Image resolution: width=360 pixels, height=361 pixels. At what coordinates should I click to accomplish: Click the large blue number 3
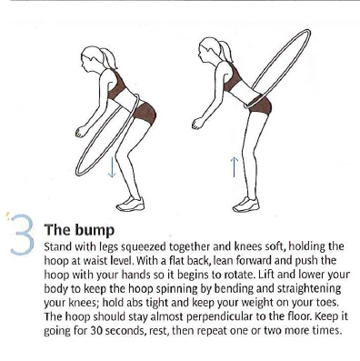point(23,235)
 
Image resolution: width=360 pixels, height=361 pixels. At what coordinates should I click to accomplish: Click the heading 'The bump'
point(79,230)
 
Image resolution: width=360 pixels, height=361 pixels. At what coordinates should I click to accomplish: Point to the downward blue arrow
point(112,166)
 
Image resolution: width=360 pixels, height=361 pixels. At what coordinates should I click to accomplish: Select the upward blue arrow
point(235,166)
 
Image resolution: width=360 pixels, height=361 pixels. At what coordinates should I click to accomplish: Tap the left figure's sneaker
point(131,204)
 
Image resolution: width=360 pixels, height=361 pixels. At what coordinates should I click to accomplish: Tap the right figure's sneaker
point(246,205)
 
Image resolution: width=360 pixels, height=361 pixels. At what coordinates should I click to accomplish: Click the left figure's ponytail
point(110,58)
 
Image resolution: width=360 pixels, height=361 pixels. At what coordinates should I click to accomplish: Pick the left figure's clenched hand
point(80,132)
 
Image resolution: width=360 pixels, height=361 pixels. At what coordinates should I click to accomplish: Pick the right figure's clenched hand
point(197,123)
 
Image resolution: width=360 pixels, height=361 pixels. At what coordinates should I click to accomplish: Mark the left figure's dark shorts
point(145,114)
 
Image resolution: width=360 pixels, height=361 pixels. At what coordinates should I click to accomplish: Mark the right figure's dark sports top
point(232,77)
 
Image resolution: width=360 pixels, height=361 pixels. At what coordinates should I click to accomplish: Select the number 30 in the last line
point(96,330)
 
